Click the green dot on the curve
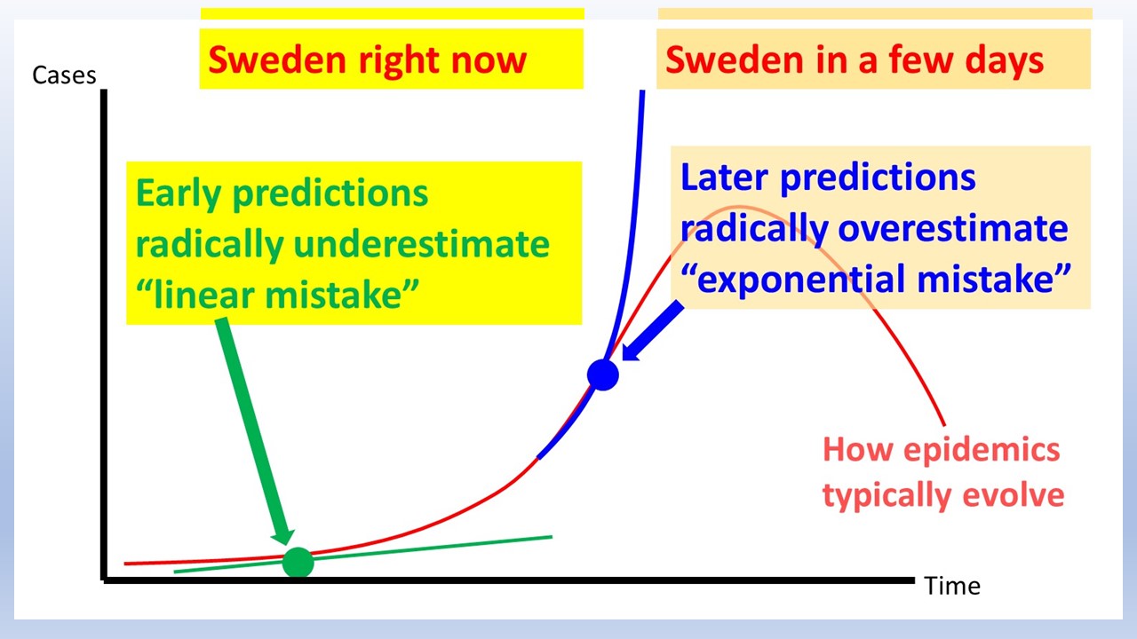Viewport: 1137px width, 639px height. click(298, 563)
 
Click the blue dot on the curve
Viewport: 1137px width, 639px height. click(603, 375)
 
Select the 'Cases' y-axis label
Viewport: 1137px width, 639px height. click(64, 75)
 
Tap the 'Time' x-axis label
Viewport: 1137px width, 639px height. click(952, 587)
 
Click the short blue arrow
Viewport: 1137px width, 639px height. click(653, 331)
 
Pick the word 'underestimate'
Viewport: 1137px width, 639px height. click(421, 244)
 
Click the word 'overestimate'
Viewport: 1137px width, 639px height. click(953, 229)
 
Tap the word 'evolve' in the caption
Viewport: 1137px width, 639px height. click(1014, 496)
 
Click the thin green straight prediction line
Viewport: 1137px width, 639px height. click(363, 555)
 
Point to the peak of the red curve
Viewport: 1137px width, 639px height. click(738, 207)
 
